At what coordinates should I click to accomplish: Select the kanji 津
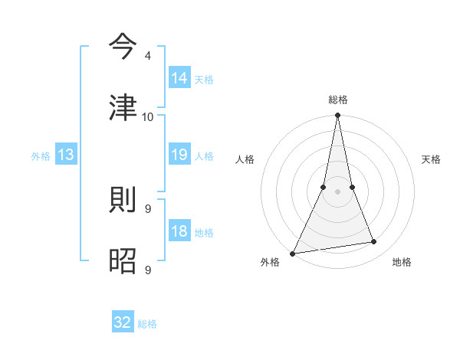[x=123, y=108]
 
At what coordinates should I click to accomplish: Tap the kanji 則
[x=123, y=201]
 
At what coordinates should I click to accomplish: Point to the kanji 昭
[x=123, y=261]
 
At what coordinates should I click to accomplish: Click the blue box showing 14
[x=179, y=78]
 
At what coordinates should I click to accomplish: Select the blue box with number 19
[x=179, y=155]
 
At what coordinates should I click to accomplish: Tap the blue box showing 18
[x=179, y=231]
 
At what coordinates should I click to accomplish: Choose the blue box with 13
[x=66, y=155]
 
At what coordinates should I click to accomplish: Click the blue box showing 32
[x=123, y=322]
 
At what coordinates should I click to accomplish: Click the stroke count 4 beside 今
[x=147, y=56]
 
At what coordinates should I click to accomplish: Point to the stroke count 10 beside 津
[x=147, y=116]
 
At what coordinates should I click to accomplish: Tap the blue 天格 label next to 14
[x=204, y=79]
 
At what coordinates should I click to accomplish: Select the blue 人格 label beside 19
[x=204, y=155]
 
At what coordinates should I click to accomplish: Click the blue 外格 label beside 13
[x=41, y=155]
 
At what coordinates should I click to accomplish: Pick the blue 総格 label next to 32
[x=147, y=323]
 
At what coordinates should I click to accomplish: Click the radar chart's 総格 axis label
[x=337, y=100]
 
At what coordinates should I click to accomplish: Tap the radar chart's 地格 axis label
[x=402, y=262]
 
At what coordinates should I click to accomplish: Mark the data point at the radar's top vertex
[x=337, y=116]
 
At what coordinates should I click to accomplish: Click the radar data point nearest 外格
[x=293, y=254]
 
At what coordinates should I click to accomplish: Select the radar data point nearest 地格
[x=374, y=242]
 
